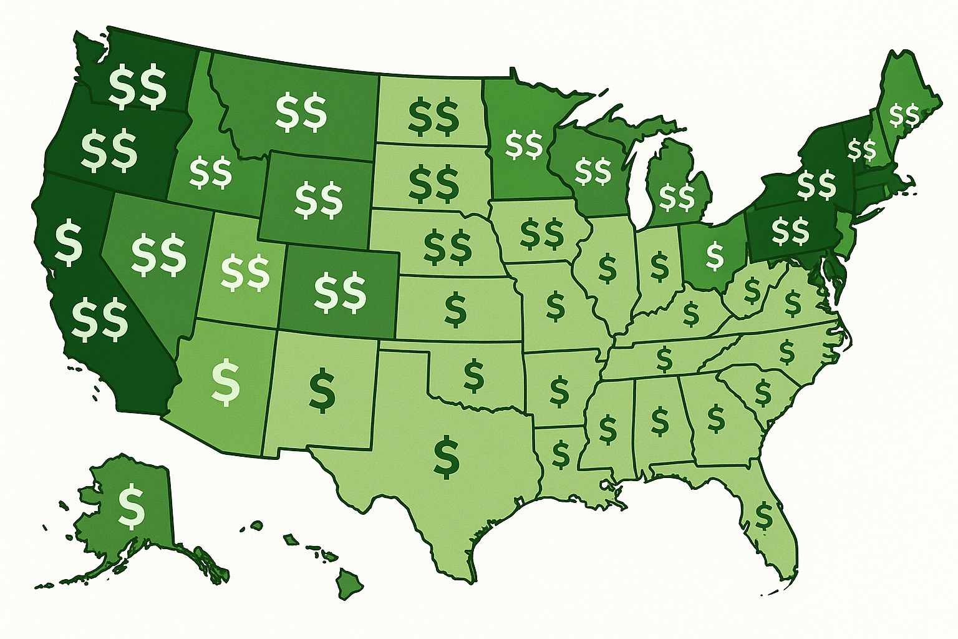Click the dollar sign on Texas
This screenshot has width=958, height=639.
pyautogui.click(x=447, y=457)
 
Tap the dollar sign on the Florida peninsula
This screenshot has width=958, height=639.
pyautogui.click(x=763, y=515)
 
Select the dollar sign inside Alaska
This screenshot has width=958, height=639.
pyautogui.click(x=132, y=505)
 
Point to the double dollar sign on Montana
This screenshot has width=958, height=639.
pyautogui.click(x=301, y=112)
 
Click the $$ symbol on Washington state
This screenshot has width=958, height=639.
pyautogui.click(x=138, y=89)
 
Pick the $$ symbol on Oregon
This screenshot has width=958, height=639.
pyautogui.click(x=109, y=150)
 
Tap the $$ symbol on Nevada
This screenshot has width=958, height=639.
pyautogui.click(x=159, y=255)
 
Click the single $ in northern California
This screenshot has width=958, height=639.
pyautogui.click(x=69, y=243)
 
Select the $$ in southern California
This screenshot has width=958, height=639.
pyautogui.click(x=100, y=319)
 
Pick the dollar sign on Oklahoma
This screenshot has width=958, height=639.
pyautogui.click(x=474, y=374)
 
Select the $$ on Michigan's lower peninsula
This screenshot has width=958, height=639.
pyautogui.click(x=676, y=197)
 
